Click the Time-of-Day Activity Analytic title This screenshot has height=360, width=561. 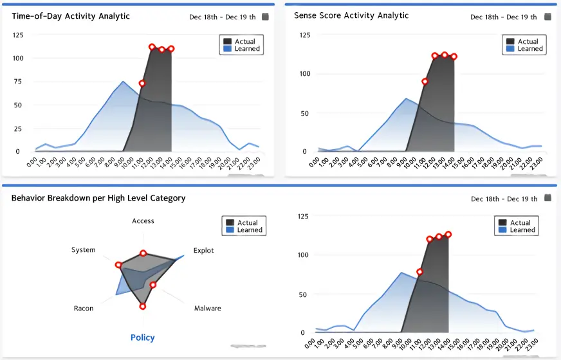click(x=71, y=16)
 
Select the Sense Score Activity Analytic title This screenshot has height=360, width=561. click(x=351, y=15)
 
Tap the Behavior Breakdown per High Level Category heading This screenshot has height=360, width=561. click(x=98, y=198)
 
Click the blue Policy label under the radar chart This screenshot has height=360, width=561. click(x=143, y=337)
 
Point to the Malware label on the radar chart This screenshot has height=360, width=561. click(x=208, y=309)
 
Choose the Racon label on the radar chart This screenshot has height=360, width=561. click(x=84, y=309)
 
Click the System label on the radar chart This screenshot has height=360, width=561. click(x=84, y=250)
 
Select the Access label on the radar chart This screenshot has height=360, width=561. click(x=143, y=221)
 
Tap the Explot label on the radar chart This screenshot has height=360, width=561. click(x=204, y=251)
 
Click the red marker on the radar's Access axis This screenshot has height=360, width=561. click(x=143, y=253)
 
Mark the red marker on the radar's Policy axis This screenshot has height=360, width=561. click(x=143, y=306)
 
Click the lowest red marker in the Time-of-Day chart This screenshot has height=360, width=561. click(x=142, y=84)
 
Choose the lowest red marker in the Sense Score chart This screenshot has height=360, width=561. click(x=425, y=82)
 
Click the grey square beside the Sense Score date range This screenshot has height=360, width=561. click(x=547, y=17)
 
